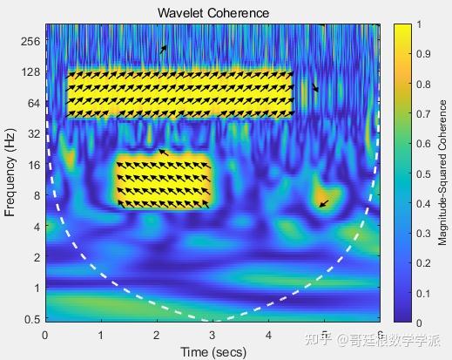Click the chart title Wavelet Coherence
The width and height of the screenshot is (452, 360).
213,13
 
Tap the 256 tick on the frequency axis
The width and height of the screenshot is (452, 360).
30,41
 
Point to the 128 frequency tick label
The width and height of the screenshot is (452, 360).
30,71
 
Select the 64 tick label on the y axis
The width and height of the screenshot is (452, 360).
34,103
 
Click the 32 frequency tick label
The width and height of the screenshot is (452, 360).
34,134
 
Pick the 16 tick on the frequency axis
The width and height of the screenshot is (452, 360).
34,165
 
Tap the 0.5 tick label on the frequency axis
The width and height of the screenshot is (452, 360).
32,319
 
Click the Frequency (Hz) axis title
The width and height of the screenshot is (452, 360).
10,173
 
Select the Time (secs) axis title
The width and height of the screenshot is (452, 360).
213,352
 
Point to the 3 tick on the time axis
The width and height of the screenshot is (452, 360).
213,336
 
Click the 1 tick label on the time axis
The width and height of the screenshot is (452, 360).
101,336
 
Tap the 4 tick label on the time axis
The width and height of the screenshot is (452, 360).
268,336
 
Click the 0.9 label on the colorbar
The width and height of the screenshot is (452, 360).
423,54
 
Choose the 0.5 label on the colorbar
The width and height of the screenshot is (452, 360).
423,174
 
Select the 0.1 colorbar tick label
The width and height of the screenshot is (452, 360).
423,294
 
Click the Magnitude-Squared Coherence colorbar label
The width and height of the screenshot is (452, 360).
442,173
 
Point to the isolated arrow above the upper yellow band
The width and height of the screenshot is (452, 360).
164,50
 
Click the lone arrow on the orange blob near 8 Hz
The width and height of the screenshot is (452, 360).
324,203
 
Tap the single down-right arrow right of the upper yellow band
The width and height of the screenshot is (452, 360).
315,87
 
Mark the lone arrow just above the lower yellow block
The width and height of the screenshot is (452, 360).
164,153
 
